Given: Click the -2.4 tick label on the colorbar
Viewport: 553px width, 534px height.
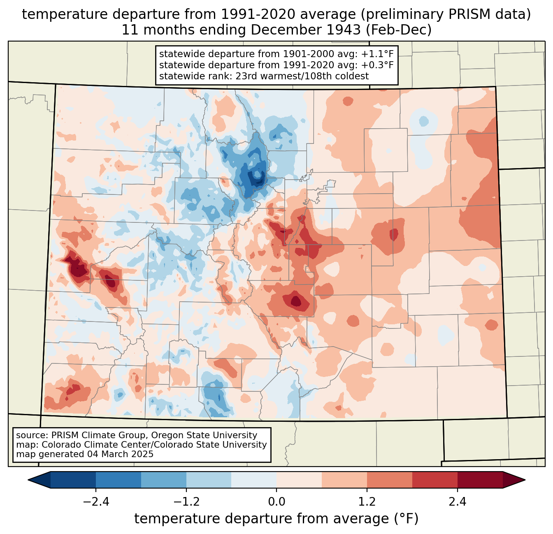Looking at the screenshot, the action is [96, 502].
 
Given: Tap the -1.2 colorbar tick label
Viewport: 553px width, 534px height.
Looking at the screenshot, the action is [186, 502].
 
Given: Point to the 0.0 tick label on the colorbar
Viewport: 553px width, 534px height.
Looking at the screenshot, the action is [276, 502].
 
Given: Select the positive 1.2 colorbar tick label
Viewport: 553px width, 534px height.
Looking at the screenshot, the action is [367, 502].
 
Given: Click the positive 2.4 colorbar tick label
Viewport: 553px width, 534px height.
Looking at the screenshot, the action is [457, 502].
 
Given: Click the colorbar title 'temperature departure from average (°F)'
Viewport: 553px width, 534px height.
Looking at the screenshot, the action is [276, 518].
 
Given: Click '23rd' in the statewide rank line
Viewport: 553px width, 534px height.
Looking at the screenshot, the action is [245, 76].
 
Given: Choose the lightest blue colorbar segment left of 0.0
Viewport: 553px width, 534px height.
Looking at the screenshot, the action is [254, 480].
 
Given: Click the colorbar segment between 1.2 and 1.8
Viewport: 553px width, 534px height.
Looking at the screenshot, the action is [389, 480].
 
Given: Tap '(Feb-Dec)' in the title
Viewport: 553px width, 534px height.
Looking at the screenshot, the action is [398, 30].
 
